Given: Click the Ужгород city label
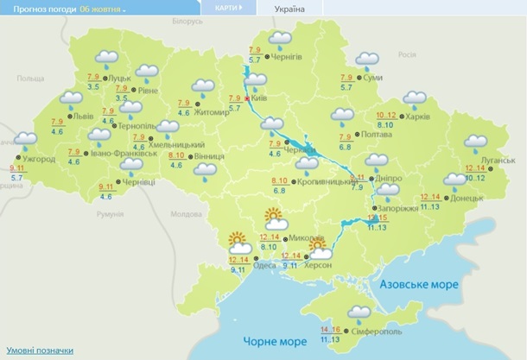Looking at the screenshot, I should tap(39, 159).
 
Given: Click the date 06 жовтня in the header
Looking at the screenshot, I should tap(102, 9).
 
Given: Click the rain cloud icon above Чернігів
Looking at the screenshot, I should tap(280, 40).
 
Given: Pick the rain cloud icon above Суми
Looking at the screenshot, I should tap(368, 61).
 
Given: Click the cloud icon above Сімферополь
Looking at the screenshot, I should tap(359, 313).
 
